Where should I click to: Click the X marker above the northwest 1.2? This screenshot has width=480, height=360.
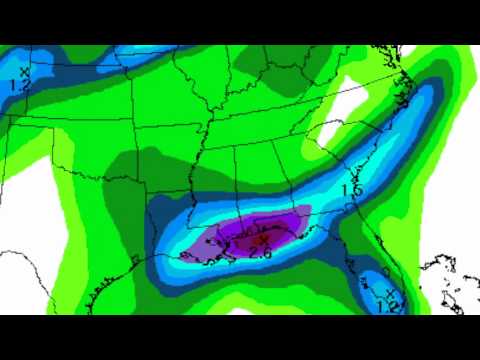pos(22,70)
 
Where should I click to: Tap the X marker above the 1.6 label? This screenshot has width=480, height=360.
pos(356,178)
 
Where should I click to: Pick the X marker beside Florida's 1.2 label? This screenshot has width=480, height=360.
pos(389,291)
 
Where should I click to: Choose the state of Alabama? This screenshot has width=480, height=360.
pos(255,185)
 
